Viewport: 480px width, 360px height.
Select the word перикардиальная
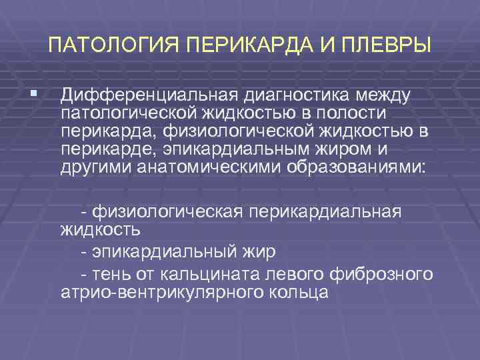click(x=325, y=212)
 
